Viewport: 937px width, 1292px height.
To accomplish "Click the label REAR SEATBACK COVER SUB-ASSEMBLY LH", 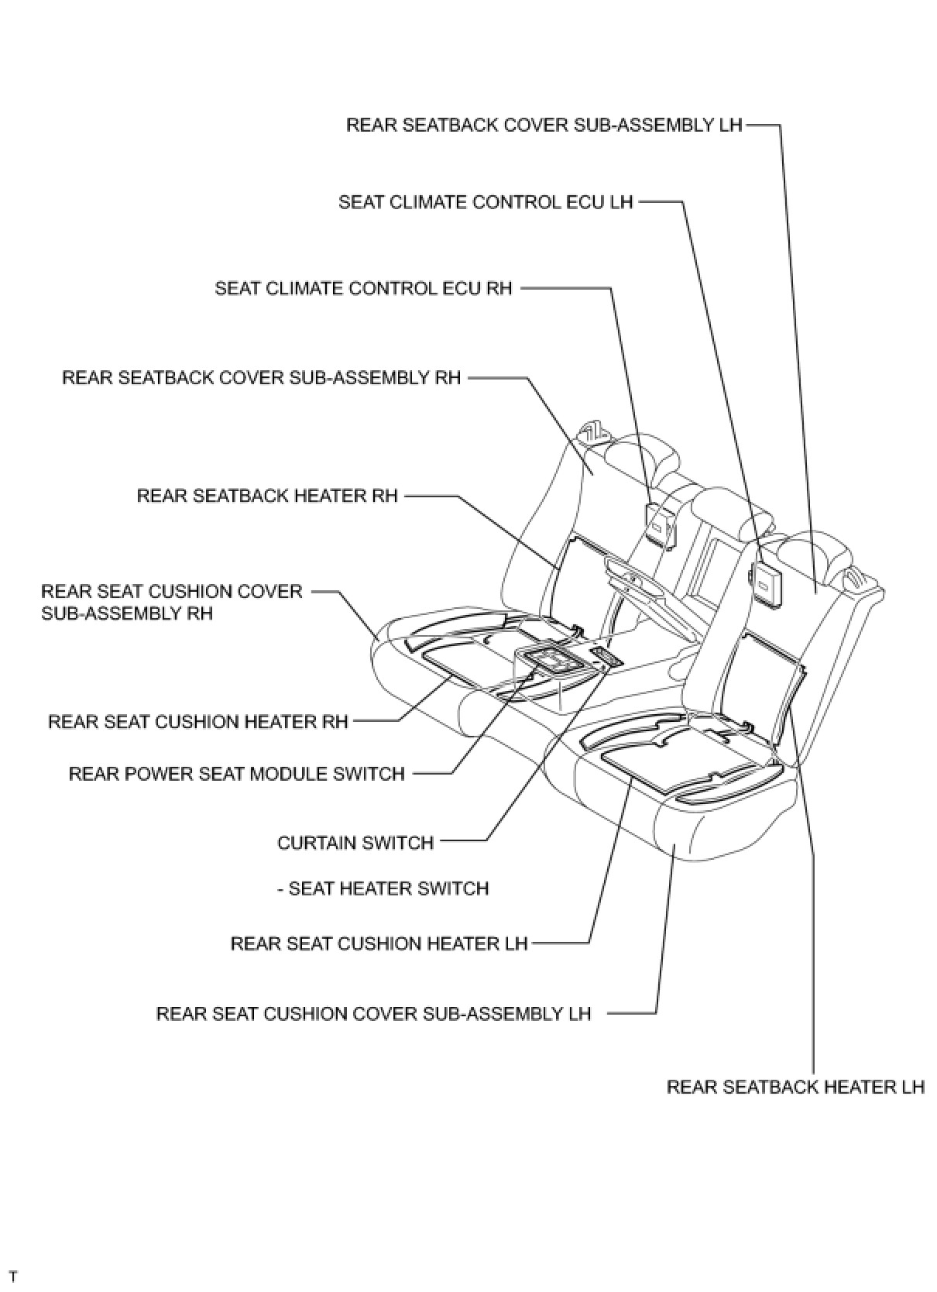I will click(544, 125).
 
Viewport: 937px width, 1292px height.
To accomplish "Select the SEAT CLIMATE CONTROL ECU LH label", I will click(486, 203).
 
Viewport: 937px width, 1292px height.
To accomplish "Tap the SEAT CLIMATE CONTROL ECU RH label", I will click(363, 289).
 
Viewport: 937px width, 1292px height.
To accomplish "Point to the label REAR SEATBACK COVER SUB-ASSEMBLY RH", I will click(261, 378).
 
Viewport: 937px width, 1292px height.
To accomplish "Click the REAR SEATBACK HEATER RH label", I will click(267, 496).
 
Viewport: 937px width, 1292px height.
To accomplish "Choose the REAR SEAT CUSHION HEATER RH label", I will click(198, 722).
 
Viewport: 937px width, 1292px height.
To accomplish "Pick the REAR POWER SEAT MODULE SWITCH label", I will click(237, 774).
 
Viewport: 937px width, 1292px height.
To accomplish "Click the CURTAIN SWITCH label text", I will click(355, 843).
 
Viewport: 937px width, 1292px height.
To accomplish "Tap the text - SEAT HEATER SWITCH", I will click(383, 888).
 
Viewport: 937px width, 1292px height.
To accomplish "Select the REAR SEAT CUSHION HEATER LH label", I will click(379, 944).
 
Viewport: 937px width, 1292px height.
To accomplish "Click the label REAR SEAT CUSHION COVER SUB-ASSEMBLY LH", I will click(373, 1014).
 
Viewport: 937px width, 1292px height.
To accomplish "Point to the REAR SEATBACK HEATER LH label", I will click(795, 1088).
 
